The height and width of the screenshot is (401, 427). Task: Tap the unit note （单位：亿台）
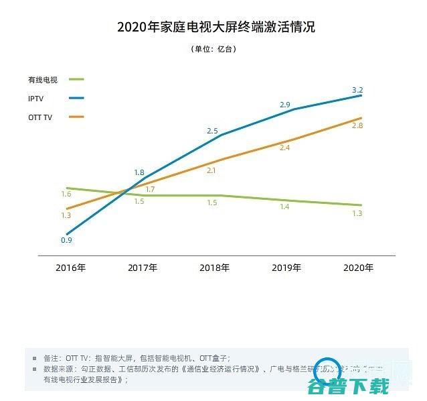[x=213, y=49]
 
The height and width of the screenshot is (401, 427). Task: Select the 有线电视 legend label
[x=43, y=80]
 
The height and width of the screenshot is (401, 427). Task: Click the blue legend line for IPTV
[x=76, y=99]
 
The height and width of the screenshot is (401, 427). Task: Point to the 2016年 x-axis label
[x=70, y=268]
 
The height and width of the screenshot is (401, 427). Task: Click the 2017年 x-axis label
[x=143, y=268]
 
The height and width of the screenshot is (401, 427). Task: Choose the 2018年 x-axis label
[x=214, y=268]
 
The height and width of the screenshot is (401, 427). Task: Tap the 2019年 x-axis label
[x=286, y=268]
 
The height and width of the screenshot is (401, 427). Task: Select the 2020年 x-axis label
[x=358, y=268]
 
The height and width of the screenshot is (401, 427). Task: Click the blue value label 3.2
[x=357, y=90]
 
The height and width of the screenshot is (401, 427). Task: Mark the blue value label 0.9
[x=66, y=240]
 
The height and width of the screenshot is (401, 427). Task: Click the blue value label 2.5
[x=212, y=131]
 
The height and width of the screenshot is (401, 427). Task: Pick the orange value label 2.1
[x=211, y=171]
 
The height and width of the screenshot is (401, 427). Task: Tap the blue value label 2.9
[x=284, y=105]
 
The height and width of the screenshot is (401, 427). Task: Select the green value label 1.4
[x=284, y=207]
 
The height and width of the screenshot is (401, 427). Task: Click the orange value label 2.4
[x=284, y=148]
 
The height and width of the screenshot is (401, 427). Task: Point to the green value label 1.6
[x=66, y=194]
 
